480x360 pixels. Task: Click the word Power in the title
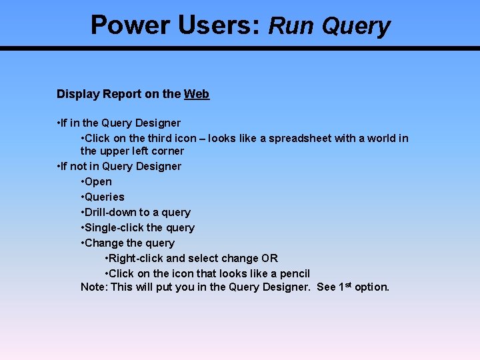130,25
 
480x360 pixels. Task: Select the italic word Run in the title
292,26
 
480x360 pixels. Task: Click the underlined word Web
197,95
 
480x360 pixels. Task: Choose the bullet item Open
98,182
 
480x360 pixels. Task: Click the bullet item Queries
104,197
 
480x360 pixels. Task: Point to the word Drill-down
110,213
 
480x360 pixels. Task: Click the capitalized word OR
270,259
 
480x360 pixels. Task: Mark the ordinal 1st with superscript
345,287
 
